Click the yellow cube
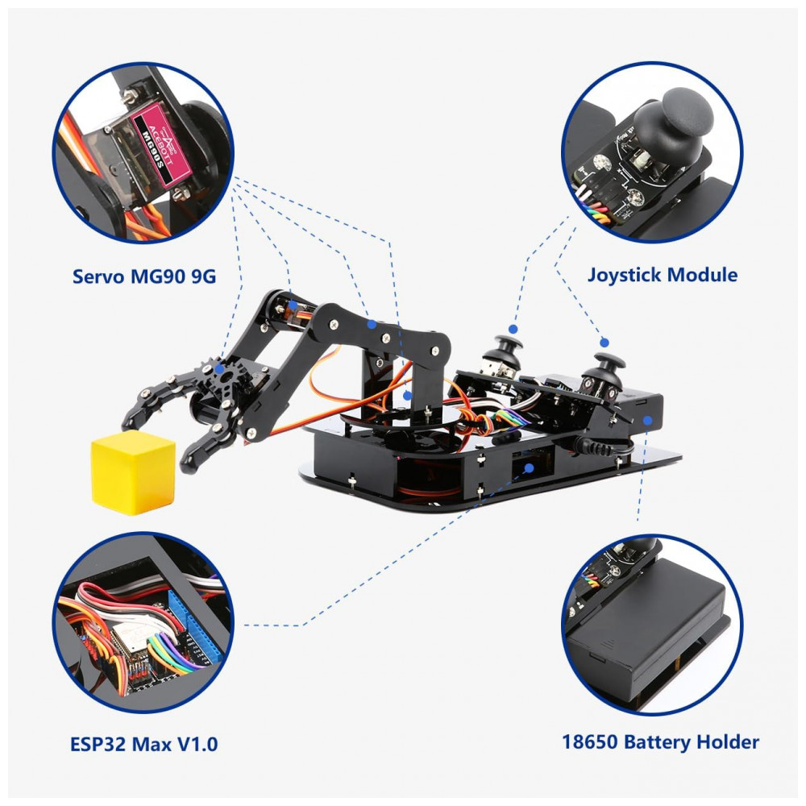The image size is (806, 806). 134,472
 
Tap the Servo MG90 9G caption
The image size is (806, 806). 144,276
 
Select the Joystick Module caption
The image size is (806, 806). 662,275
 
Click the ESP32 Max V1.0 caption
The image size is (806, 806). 144,744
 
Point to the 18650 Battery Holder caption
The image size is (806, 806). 660,742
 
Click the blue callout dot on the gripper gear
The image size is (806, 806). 219,368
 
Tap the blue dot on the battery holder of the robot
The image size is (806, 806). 648,421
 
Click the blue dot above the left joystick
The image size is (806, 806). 513,329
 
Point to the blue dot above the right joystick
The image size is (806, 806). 604,343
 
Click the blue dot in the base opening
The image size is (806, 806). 529,468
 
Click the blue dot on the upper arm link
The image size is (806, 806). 371,324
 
